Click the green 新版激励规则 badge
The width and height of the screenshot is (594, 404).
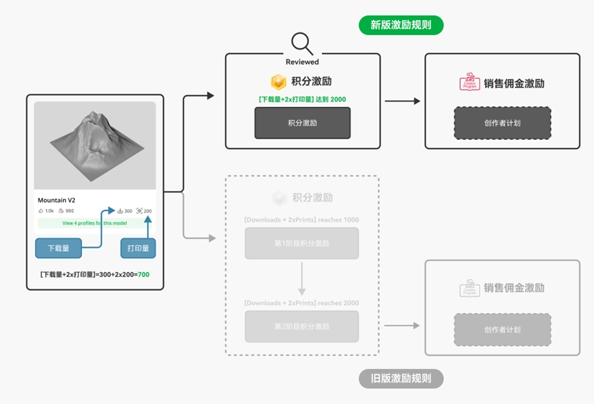(x=401, y=25)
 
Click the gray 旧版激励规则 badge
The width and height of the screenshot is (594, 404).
(x=401, y=378)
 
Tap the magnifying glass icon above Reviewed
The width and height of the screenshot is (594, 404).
(x=301, y=43)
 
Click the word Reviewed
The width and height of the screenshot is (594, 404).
(x=302, y=62)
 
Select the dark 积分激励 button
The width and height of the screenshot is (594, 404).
(x=302, y=123)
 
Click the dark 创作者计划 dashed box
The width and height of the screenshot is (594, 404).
(x=502, y=123)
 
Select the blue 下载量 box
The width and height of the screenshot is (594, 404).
(x=58, y=248)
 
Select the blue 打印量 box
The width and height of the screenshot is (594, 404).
(x=138, y=248)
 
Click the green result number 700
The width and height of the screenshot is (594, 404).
(x=143, y=274)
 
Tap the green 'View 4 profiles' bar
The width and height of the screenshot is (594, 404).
(x=95, y=223)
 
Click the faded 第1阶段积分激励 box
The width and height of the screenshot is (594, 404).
(x=301, y=243)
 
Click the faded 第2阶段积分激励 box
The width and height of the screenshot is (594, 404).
(x=301, y=326)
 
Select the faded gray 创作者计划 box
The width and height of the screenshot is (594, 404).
(x=502, y=330)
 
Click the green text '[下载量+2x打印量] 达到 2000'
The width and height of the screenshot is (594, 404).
(x=302, y=99)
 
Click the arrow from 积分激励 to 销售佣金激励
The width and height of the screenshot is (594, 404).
(x=402, y=101)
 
